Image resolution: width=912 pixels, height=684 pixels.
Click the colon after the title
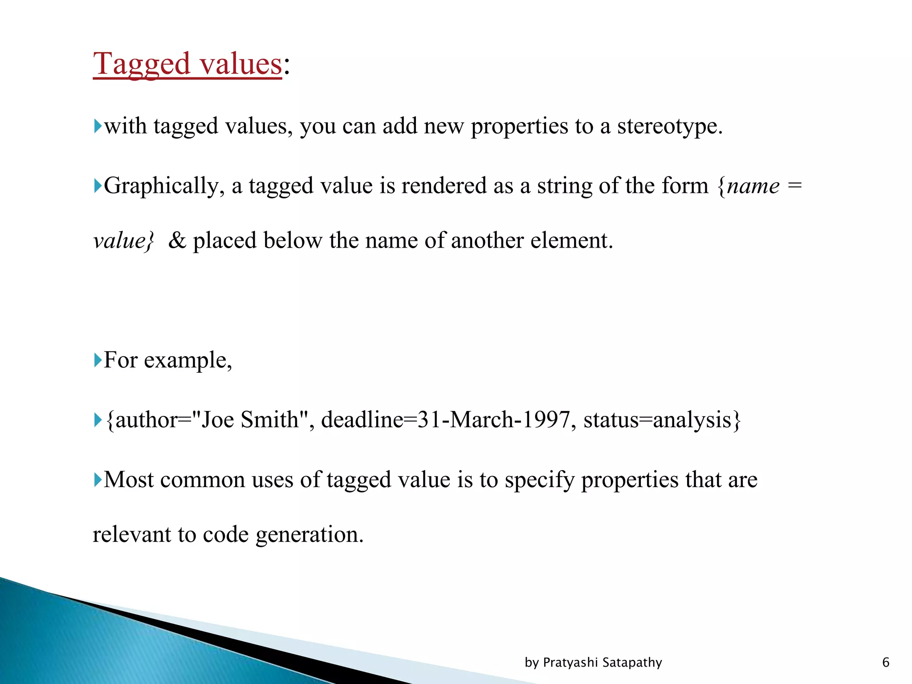click(x=287, y=67)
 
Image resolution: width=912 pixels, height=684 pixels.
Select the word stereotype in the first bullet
click(x=669, y=126)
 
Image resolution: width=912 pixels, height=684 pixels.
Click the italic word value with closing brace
click(x=124, y=241)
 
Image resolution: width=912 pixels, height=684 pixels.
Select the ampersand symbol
click(x=177, y=241)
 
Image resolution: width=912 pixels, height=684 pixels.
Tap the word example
click(x=187, y=360)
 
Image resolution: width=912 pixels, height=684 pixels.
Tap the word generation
click(x=309, y=535)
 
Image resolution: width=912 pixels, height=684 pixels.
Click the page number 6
click(x=886, y=663)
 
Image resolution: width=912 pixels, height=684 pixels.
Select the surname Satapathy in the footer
click(x=632, y=663)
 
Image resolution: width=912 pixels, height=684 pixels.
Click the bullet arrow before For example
click(x=98, y=360)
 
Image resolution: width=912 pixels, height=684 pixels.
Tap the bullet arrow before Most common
click(x=98, y=480)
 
